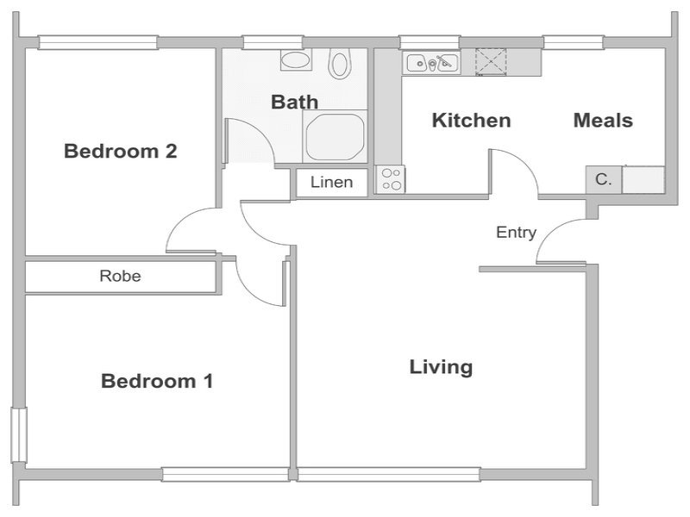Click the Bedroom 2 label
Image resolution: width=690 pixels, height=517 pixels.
[x=121, y=152]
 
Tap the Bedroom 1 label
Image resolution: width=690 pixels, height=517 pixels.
[x=157, y=381]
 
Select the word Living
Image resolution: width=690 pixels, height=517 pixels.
[x=441, y=368]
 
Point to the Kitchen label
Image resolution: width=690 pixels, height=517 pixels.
[x=471, y=121]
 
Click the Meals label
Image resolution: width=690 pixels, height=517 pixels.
[x=603, y=121]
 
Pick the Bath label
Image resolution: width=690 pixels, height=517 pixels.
[x=294, y=102]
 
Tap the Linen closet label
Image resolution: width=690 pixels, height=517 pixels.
[x=332, y=182]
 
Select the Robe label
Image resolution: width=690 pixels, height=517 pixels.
[x=120, y=276]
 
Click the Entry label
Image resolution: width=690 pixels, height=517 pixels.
[x=516, y=232]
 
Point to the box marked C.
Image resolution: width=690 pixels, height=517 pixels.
[x=603, y=179]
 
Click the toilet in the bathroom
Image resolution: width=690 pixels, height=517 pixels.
[x=340, y=63]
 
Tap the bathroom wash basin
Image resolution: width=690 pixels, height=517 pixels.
[x=296, y=60]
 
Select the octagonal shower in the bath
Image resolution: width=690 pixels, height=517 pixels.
[x=336, y=137]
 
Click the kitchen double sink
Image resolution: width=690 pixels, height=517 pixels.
[x=432, y=62]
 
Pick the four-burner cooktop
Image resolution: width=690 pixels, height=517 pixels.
[x=391, y=179]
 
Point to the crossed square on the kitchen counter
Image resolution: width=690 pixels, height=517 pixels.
[x=491, y=61]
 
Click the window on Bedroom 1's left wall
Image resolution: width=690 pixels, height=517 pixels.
[x=19, y=435]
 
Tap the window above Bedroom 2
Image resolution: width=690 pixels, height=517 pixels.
[x=97, y=42]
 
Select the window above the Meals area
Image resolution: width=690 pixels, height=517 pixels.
[x=574, y=42]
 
